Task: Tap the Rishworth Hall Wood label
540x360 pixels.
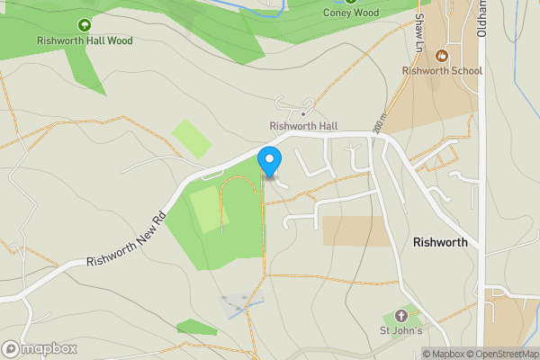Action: [x=85, y=40]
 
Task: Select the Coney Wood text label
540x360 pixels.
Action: [x=351, y=13]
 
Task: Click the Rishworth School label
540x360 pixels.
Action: [x=442, y=70]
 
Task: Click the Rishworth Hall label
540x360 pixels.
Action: [x=303, y=126]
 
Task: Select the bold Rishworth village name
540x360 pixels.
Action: [x=440, y=243]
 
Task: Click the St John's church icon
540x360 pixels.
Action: [x=400, y=317]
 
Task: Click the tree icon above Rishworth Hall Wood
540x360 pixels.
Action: [x=85, y=25]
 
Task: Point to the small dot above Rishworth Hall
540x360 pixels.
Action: [x=303, y=114]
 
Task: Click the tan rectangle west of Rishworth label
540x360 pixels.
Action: [x=355, y=230]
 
